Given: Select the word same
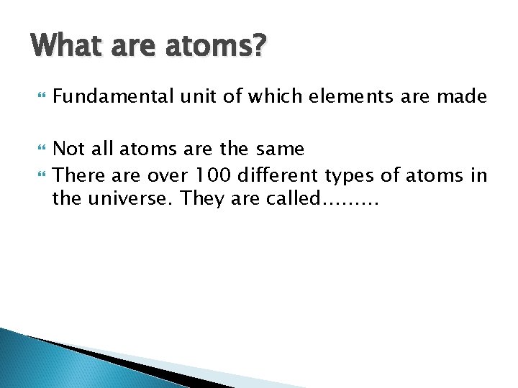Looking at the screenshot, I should [x=280, y=149].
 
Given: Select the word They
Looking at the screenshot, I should [x=201, y=198].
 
